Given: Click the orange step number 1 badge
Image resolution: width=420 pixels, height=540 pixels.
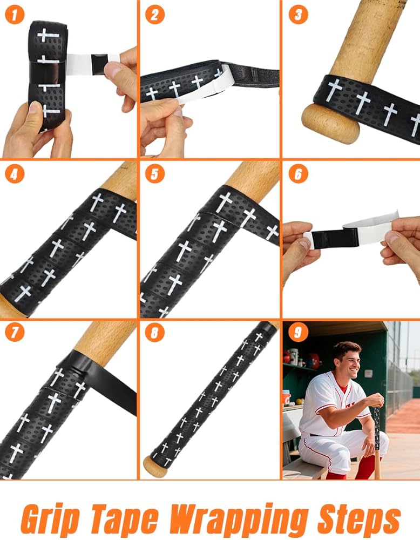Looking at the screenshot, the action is click(15, 15).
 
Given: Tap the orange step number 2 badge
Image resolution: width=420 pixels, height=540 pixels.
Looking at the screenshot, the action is click(154, 15).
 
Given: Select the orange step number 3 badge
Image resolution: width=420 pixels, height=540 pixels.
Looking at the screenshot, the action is click(298, 15).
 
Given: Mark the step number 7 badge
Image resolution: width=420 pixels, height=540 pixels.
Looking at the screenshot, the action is click(15, 332).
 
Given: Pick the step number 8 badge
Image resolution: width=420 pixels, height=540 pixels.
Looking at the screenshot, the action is click(154, 332).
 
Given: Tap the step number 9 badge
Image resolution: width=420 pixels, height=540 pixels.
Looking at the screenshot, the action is click(298, 332).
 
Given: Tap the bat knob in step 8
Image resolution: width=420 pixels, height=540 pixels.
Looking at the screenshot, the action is click(155, 467).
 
